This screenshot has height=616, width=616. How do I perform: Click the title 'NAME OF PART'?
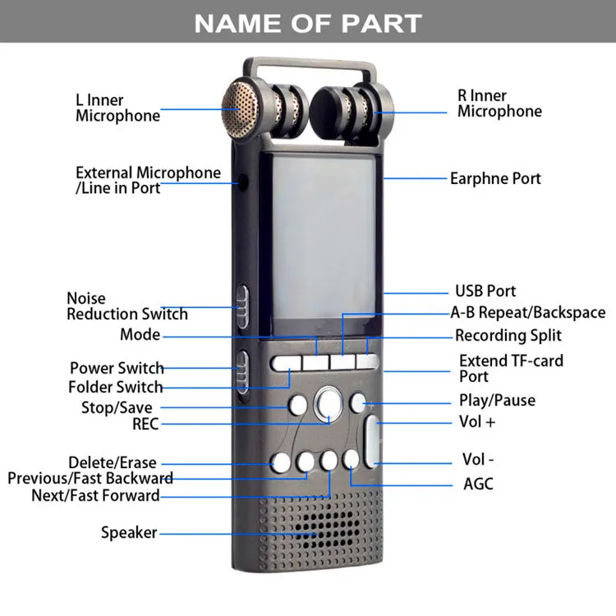pos(308,23)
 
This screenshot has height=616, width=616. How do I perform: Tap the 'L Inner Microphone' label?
pos(117,108)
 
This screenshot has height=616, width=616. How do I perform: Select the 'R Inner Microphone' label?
pos(499,103)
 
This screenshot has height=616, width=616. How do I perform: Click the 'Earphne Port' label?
pos(495,178)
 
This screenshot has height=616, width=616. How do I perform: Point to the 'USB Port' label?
pos(485,291)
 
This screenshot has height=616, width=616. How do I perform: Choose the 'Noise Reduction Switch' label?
pos(126,306)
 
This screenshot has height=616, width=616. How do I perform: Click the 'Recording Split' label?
pos(508,335)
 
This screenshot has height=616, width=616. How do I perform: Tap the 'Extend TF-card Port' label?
pos(511,368)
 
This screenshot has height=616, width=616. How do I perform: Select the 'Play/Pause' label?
pos(497,401)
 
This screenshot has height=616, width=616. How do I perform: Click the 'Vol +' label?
pos(476,422)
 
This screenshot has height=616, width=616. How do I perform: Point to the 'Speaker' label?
pos(129,532)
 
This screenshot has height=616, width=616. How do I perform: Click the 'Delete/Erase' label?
pos(112,462)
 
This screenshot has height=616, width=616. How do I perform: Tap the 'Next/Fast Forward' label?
pos(95,495)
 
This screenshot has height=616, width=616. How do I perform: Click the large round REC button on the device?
pos(328,402)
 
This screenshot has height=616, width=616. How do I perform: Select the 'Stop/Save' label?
pos(116,407)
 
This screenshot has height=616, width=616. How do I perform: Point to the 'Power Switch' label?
pos(117,368)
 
